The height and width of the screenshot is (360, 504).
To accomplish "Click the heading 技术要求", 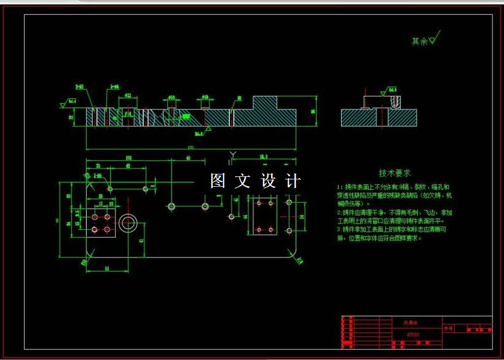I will point(395,173).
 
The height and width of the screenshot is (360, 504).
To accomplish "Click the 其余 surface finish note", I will point(423,41).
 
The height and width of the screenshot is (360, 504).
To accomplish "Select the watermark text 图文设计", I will point(255,181).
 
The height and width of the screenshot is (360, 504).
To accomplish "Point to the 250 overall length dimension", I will point(190,147).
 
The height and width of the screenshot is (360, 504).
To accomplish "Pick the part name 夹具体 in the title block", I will point(410,321).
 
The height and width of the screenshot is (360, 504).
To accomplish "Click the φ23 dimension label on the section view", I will point(128,96).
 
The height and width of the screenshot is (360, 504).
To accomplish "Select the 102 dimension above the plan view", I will point(128,158).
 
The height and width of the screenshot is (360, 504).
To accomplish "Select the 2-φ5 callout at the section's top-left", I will point(81,87).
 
